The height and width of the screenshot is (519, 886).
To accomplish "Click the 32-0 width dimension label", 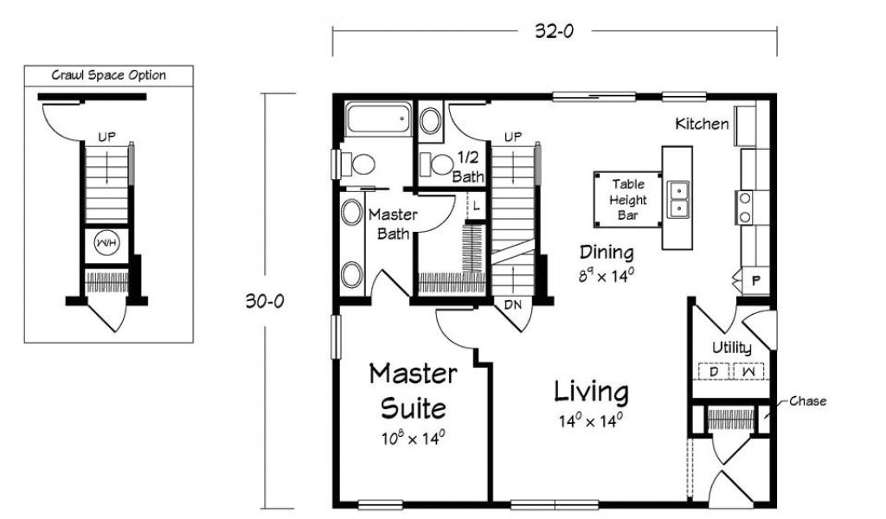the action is pyautogui.click(x=555, y=31).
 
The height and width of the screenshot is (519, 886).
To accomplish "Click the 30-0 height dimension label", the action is pyautogui.click(x=265, y=301).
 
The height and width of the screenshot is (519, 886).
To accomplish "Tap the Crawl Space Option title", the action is pyautogui.click(x=108, y=75).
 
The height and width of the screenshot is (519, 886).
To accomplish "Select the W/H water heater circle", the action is pyautogui.click(x=106, y=243).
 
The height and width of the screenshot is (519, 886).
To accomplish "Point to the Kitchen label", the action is pyautogui.click(x=702, y=124).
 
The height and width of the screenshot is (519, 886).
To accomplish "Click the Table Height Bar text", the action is pyautogui.click(x=628, y=199).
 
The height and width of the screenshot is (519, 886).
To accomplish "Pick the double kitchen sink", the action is pyautogui.click(x=677, y=199).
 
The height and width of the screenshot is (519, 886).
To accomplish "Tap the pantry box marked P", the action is pyautogui.click(x=756, y=280).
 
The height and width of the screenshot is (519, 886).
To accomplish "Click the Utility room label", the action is pyautogui.click(x=731, y=348).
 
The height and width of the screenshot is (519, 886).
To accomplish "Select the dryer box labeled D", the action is pyautogui.click(x=714, y=372).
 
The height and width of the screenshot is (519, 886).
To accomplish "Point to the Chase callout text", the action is pyautogui.click(x=807, y=401).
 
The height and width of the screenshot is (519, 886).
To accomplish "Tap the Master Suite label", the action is pyautogui.click(x=413, y=391).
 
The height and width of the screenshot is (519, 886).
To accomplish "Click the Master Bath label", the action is pyautogui.click(x=393, y=224).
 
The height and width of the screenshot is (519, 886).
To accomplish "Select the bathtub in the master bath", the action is pyautogui.click(x=378, y=119).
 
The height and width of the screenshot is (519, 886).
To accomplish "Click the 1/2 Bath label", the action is pyautogui.click(x=468, y=167).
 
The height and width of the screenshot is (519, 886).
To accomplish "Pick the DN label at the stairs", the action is pyautogui.click(x=512, y=305).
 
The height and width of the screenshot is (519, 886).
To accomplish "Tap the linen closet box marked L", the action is pyautogui.click(x=477, y=206).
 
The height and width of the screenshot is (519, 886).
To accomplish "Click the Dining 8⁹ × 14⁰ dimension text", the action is pyautogui.click(x=607, y=276).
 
